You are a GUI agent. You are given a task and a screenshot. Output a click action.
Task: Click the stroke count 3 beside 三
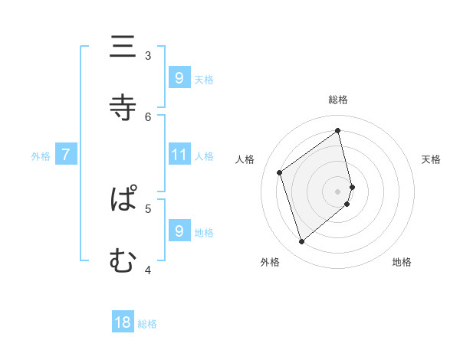(148, 55)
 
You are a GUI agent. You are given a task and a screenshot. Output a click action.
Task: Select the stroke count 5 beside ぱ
(148, 208)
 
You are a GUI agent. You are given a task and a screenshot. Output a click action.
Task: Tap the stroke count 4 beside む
(148, 269)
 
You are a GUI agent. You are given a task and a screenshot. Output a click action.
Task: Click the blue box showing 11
(179, 155)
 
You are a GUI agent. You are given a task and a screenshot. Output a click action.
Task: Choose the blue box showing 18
(123, 322)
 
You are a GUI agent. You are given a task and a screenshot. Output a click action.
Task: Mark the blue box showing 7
(66, 155)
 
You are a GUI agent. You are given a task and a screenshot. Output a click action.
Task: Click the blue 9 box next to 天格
(179, 77)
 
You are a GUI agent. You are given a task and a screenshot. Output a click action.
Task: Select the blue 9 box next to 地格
(179, 231)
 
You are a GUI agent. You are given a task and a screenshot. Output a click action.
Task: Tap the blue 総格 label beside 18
(147, 324)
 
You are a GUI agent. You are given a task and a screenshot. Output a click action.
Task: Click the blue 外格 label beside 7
(41, 156)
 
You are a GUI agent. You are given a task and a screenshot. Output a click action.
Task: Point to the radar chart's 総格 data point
(338, 130)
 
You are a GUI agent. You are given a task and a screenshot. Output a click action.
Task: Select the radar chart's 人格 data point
(280, 173)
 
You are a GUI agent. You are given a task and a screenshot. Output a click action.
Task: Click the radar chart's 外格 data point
(301, 242)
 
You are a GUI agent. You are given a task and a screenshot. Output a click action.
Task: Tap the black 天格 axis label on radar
(431, 159)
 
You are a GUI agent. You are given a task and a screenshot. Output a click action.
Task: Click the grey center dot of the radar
(338, 191)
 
